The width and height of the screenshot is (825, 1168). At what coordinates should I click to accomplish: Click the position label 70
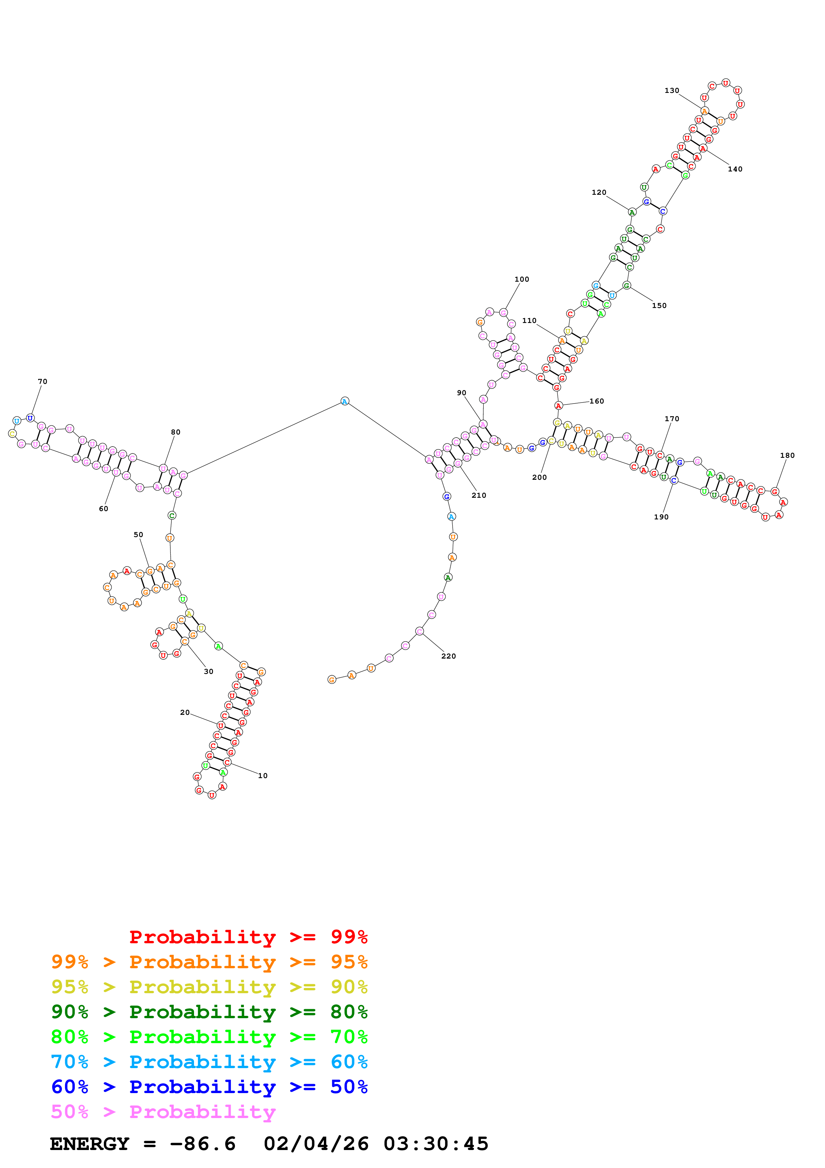[42, 382]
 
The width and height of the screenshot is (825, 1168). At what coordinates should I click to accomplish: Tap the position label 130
[672, 91]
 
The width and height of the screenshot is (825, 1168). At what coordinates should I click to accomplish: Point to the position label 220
[448, 656]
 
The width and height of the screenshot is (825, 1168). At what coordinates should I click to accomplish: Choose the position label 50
[138, 535]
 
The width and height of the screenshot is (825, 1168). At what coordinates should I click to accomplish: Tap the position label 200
[539, 477]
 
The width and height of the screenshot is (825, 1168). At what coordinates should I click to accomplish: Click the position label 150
[659, 306]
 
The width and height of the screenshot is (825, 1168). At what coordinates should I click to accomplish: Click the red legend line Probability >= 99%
[248, 937]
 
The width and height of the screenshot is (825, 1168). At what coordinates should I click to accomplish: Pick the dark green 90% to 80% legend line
[209, 1012]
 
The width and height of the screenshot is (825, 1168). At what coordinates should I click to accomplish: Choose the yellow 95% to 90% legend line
[209, 987]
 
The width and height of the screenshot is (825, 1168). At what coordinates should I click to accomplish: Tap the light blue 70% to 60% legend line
[209, 1062]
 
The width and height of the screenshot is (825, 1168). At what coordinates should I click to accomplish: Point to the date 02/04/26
[316, 1144]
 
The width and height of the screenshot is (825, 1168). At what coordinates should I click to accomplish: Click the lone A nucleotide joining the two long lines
[345, 401]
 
